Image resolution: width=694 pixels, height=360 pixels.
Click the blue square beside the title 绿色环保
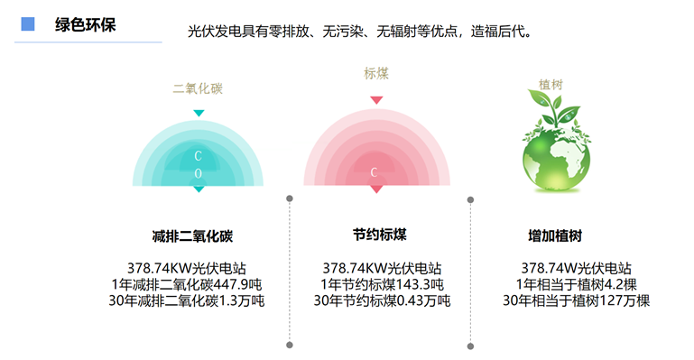[x=28, y=23]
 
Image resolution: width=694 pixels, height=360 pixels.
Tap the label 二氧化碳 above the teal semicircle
[x=198, y=88]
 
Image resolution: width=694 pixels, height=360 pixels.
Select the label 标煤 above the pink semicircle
[x=376, y=74]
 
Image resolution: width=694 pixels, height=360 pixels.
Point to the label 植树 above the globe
[x=551, y=85]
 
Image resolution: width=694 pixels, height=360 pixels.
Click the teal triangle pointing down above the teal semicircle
[x=199, y=113]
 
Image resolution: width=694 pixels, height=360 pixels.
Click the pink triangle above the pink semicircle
[x=376, y=99]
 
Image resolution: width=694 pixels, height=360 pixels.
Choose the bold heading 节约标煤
[x=380, y=235]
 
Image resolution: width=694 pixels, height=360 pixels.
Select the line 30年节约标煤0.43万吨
[x=382, y=300]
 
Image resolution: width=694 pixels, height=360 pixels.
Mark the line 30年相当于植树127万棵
[x=576, y=300]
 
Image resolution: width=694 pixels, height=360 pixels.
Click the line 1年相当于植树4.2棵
[x=575, y=284]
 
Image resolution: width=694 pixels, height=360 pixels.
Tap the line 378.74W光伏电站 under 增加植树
[x=576, y=268]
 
